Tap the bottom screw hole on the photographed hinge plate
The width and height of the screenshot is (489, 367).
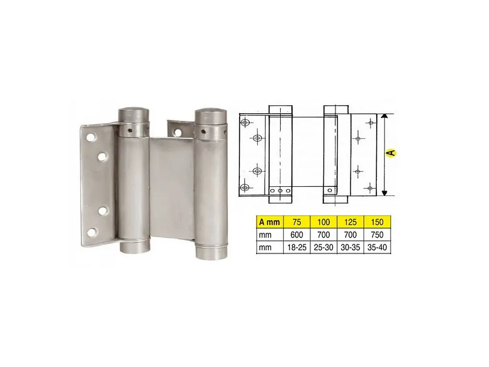pyautogui.click(x=92, y=232)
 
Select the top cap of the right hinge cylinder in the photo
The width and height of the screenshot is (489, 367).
pyautogui.click(x=210, y=116)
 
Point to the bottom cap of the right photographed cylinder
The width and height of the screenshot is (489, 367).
pyautogui.click(x=211, y=252)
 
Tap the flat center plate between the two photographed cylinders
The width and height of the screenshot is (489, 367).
pyautogui.click(x=172, y=186)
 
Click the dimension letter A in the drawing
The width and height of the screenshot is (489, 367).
pyautogui.click(x=391, y=153)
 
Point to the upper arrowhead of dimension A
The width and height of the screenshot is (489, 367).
pyautogui.click(x=384, y=117)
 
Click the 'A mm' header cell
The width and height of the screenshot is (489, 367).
pyautogui.click(x=269, y=222)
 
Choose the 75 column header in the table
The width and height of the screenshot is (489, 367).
pyautogui.click(x=297, y=222)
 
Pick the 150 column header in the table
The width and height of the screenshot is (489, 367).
pyautogui.click(x=377, y=222)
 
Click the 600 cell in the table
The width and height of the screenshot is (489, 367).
pyautogui.click(x=297, y=235)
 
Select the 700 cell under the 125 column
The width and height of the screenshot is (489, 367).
pyautogui.click(x=351, y=235)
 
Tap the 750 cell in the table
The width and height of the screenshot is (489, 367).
pyautogui.click(x=377, y=235)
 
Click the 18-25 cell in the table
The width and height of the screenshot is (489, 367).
pyautogui.click(x=297, y=248)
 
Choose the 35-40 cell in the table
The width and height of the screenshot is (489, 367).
pyautogui.click(x=377, y=248)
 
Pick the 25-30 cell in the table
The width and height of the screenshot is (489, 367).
pyautogui.click(x=323, y=248)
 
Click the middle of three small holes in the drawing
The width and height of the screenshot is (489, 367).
pyautogui.click(x=280, y=190)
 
